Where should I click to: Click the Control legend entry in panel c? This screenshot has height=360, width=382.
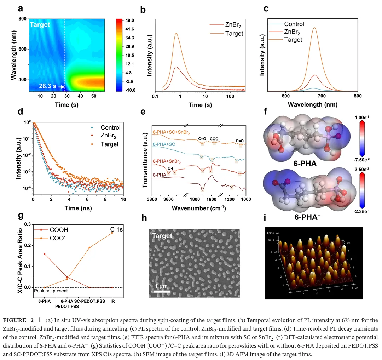click(x=294, y=24)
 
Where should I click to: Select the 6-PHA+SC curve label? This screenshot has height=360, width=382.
click(x=165, y=144)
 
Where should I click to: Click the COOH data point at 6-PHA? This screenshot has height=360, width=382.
click(x=44, y=254)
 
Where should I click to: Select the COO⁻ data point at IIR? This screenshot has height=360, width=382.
click(x=112, y=233)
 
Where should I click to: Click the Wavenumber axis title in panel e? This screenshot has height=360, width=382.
click(x=198, y=208)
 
